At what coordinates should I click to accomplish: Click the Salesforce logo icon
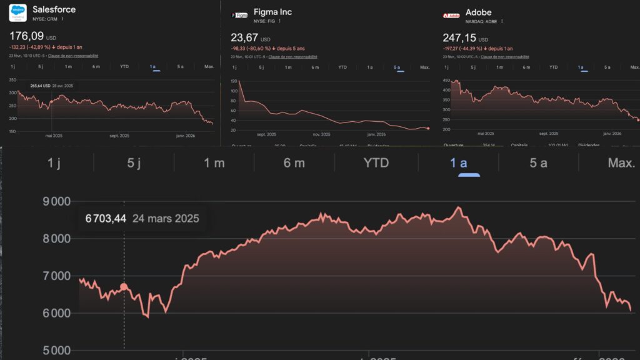click(18, 14)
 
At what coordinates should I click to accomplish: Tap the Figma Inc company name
click(272, 12)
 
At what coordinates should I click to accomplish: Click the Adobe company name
click(479, 12)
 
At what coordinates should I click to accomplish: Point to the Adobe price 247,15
click(460, 37)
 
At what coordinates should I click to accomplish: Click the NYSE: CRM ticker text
click(45, 20)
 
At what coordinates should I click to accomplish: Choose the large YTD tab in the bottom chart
click(376, 163)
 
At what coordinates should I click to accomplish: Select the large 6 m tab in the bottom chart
click(294, 163)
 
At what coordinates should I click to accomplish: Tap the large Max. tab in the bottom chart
click(621, 163)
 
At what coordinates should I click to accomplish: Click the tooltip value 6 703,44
click(106, 218)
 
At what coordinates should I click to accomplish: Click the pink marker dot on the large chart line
click(124, 287)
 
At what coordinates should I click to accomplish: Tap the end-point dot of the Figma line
click(427, 128)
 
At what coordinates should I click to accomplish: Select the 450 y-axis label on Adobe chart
click(446, 81)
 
